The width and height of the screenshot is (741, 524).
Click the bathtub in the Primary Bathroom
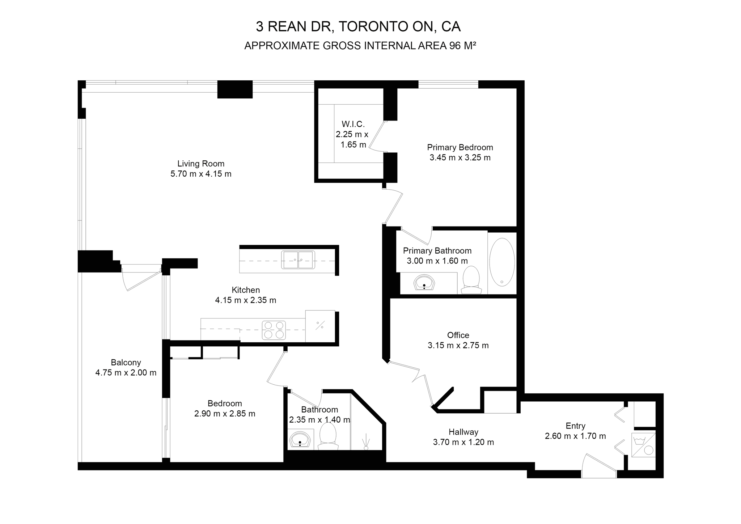pos(502,262)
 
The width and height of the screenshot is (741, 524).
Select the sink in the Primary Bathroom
pos(424,283)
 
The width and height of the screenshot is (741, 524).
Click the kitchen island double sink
pos(298,260)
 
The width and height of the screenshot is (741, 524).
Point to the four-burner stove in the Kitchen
pos(274,330)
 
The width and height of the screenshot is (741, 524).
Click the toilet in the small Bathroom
pos(328,436)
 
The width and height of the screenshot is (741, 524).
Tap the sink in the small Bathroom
pos(300,440)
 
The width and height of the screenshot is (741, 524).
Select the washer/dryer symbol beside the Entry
pos(643,445)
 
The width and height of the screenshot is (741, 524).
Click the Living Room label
pos(201,164)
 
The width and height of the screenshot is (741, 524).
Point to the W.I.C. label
pos(353,124)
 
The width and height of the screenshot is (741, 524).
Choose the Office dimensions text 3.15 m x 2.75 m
pos(458,345)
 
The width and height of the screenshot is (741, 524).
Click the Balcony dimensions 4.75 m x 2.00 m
pos(126,372)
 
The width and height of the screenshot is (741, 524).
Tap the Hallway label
pos(463,432)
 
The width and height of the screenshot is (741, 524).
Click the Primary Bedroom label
pos(460,147)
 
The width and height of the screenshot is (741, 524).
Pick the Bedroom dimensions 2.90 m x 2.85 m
pos(225,413)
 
